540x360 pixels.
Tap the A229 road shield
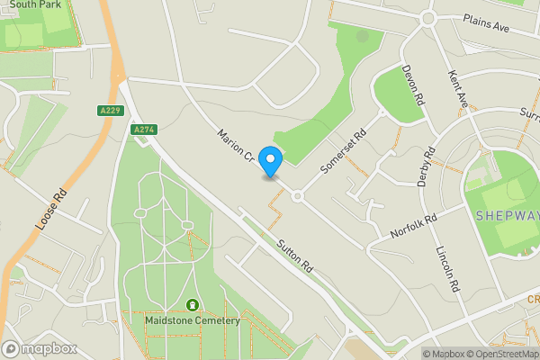point(108,110)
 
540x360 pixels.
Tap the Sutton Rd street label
point(294,256)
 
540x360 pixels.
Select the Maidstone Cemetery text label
point(192,320)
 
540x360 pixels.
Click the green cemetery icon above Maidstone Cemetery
point(192,306)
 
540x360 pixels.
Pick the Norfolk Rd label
point(413,225)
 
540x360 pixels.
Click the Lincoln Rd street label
point(447,269)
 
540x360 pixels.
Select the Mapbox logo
point(40,348)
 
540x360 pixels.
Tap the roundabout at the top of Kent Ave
point(427,17)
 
